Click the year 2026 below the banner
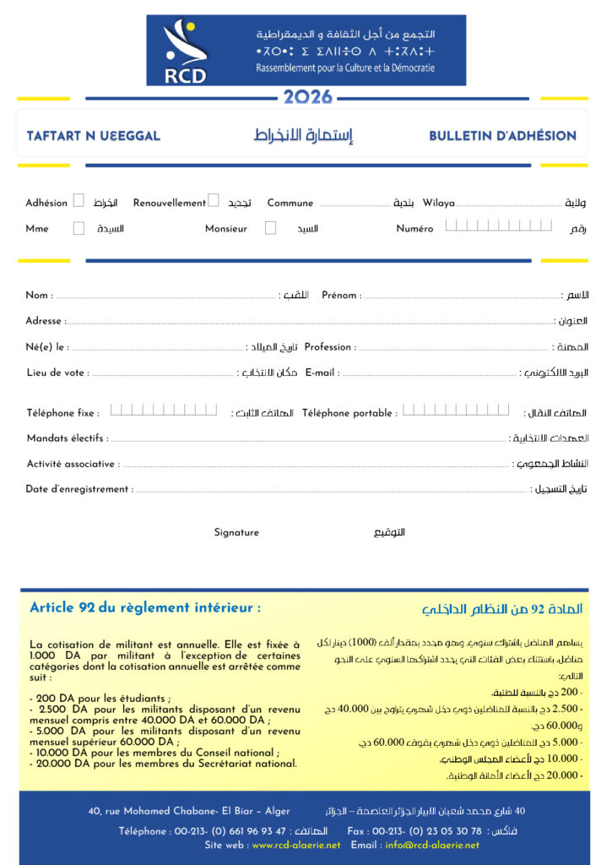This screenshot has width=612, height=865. pyautogui.click(x=307, y=98)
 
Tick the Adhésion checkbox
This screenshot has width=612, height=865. pyautogui.click(x=79, y=201)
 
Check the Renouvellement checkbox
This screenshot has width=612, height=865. pyautogui.click(x=214, y=201)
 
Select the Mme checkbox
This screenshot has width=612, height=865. pyautogui.click(x=79, y=228)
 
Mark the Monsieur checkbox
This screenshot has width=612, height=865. pyautogui.click(x=270, y=228)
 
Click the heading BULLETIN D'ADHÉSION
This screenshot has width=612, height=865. pyautogui.click(x=502, y=135)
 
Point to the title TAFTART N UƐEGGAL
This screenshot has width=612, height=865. pyautogui.click(x=93, y=135)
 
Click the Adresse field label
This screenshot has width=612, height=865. pyautogui.click(x=45, y=321)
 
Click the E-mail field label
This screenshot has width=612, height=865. pyautogui.click(x=322, y=373)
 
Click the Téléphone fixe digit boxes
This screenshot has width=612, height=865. pyautogui.click(x=164, y=411)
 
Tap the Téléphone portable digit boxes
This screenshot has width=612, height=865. pyautogui.click(x=456, y=411)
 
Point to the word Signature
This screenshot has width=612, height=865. pyautogui.click(x=236, y=533)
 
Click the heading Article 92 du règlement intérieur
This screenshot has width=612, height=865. pyautogui.click(x=145, y=607)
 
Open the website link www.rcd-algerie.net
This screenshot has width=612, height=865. pyautogui.click(x=296, y=845)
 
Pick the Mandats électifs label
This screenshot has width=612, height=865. pyautogui.click(x=66, y=438)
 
